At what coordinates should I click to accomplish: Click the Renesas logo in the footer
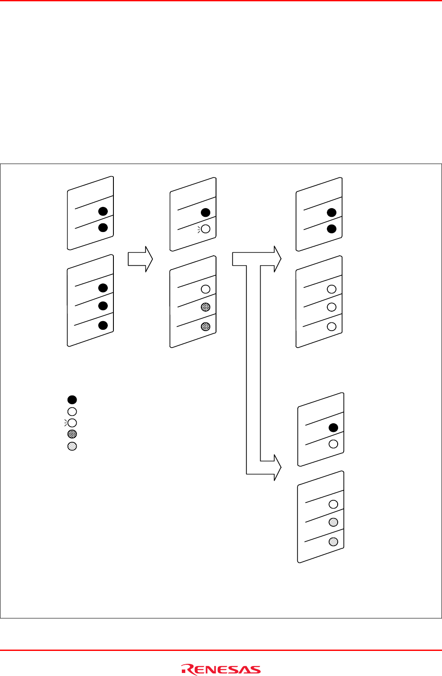pyautogui.click(x=221, y=670)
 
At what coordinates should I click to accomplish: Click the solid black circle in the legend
pyautogui.click(x=72, y=399)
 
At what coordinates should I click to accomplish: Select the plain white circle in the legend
pyautogui.click(x=72, y=412)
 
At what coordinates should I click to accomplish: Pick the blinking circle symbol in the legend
pyautogui.click(x=72, y=422)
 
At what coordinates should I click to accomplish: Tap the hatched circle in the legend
pyautogui.click(x=72, y=434)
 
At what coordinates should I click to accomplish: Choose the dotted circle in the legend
pyautogui.click(x=72, y=446)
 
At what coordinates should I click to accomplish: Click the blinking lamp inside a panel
pyautogui.click(x=206, y=229)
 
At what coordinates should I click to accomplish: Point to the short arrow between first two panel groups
pyautogui.click(x=140, y=259)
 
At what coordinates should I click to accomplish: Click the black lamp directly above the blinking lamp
pyautogui.click(x=206, y=212)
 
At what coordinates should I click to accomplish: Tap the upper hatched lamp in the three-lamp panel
pyautogui.click(x=206, y=307)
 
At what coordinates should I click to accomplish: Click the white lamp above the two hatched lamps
pyautogui.click(x=206, y=289)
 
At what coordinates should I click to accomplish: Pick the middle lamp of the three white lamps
pyautogui.click(x=332, y=307)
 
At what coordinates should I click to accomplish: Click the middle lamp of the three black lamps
pyautogui.click(x=103, y=306)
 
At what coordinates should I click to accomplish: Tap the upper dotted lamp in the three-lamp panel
pyautogui.click(x=333, y=522)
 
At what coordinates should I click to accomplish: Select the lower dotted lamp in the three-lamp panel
pyautogui.click(x=333, y=541)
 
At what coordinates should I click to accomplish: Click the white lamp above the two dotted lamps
pyautogui.click(x=333, y=504)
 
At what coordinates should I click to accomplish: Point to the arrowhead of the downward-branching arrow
pyautogui.click(x=277, y=467)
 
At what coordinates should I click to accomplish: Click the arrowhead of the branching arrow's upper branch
pyautogui.click(x=277, y=259)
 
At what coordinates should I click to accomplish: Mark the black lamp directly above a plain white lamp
pyautogui.click(x=333, y=428)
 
